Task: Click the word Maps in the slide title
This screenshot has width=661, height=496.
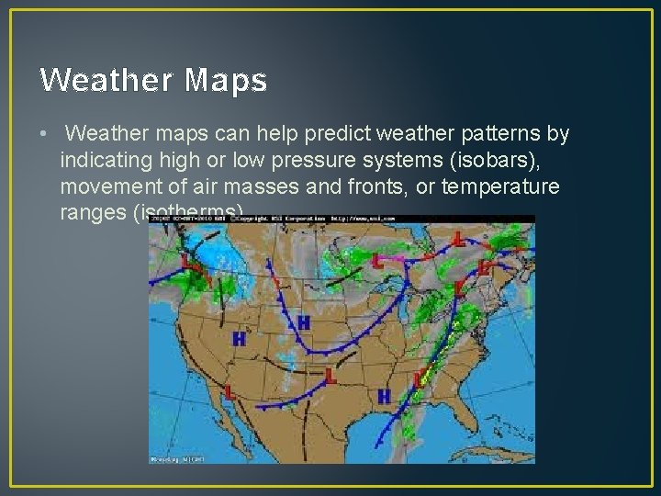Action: [225, 81]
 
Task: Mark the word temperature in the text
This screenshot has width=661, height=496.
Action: [512, 187]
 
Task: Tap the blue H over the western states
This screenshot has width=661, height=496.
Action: [239, 339]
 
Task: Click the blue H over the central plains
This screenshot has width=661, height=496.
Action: [303, 322]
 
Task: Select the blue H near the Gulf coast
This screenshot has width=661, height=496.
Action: [384, 396]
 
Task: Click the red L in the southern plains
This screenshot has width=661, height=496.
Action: [330, 375]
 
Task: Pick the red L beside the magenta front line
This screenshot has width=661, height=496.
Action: [377, 261]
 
